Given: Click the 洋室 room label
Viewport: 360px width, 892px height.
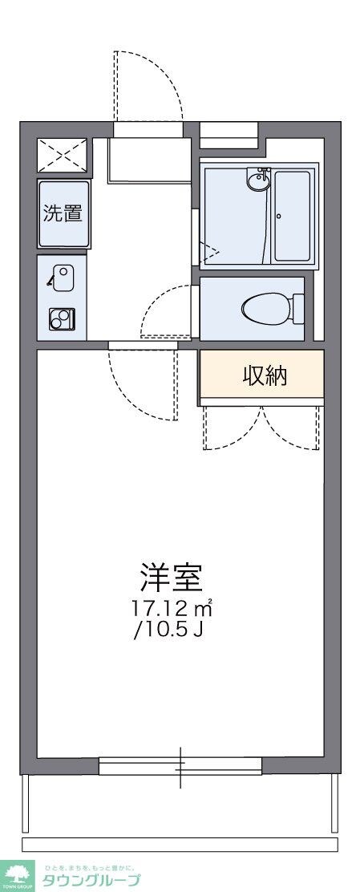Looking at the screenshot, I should click(170, 577).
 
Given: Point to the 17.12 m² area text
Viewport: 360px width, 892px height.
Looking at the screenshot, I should click(172, 606).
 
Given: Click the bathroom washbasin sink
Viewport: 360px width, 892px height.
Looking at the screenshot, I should click(259, 181).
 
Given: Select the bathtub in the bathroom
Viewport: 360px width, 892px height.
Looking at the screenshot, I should click(292, 215).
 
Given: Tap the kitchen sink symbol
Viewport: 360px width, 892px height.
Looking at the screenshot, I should click(63, 277).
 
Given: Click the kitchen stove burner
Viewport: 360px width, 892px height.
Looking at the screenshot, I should click(61, 318).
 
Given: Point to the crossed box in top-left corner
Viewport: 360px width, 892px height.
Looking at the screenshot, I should click(63, 154).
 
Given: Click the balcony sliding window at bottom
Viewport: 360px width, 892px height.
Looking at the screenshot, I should click(180, 767).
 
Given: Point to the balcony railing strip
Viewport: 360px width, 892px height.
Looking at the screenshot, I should click(180, 845).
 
